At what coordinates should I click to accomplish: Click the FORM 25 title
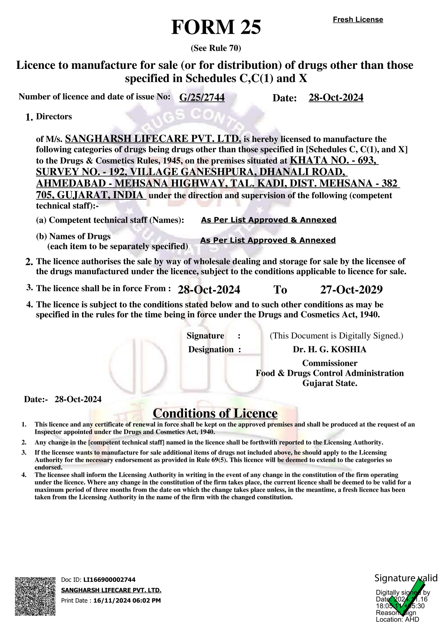tap(216, 27)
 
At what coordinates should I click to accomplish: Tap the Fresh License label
tap(358, 20)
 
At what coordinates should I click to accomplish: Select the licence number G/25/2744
tap(202, 97)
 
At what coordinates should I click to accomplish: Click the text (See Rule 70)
tap(216, 48)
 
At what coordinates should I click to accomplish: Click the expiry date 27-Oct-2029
tap(351, 290)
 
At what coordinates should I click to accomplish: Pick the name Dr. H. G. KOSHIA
tap(329, 349)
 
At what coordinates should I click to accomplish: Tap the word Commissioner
tap(330, 363)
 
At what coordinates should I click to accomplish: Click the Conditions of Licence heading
tap(215, 413)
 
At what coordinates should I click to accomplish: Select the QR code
tap(35, 596)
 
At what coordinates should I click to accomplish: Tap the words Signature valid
tap(406, 578)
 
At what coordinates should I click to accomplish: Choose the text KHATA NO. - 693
tap(334, 160)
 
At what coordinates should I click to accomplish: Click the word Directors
tap(54, 117)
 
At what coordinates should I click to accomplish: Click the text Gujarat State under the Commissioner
tap(330, 383)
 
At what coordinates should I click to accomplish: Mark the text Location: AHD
tap(397, 620)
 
